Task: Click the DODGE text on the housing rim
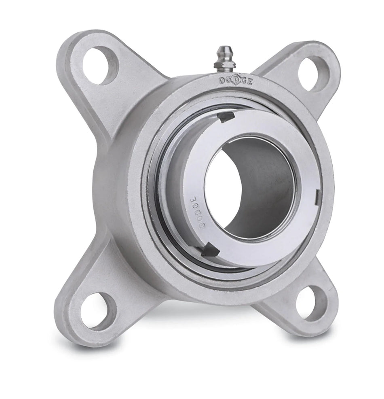coord(236,81)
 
